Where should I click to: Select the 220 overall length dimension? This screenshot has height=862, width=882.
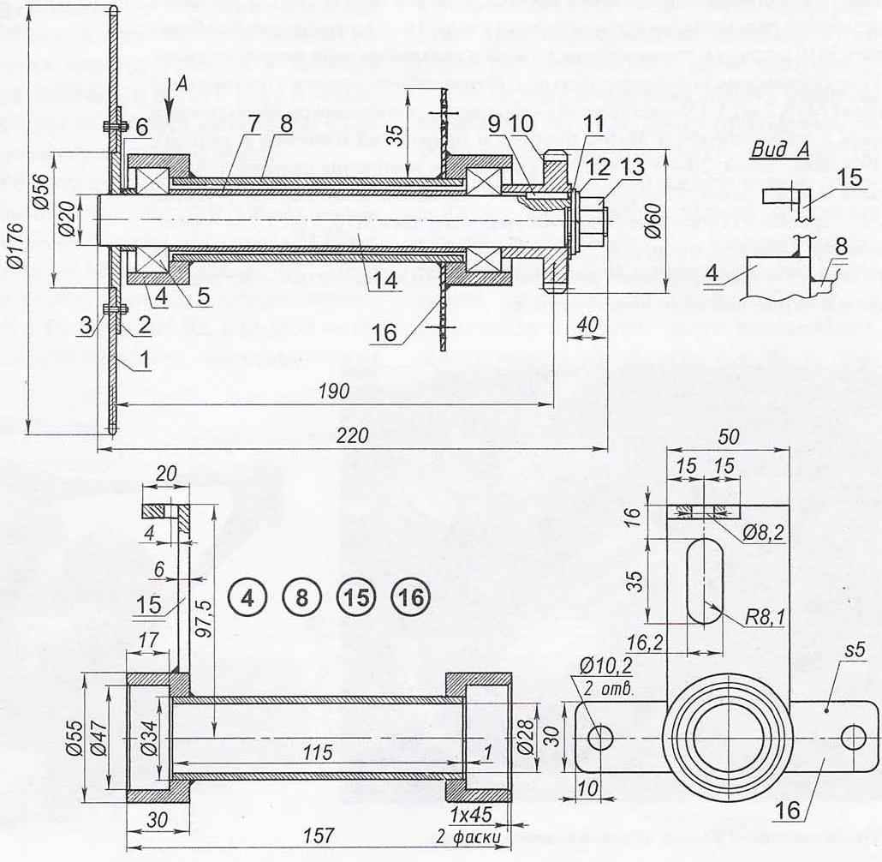pyautogui.click(x=352, y=435)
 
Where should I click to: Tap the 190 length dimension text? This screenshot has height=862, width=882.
pyautogui.click(x=334, y=391)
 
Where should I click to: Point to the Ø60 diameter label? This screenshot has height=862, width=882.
pyautogui.click(x=653, y=221)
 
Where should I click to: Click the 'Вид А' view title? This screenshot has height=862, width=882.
pyautogui.click(x=780, y=150)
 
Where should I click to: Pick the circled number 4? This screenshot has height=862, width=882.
pyautogui.click(x=247, y=598)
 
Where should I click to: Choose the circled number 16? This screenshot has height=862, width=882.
pyautogui.click(x=411, y=598)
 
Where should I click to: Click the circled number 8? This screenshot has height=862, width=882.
pyautogui.click(x=302, y=598)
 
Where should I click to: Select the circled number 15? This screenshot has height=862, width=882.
pyautogui.click(x=356, y=598)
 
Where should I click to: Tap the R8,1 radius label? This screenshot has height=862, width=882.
pyautogui.click(x=765, y=618)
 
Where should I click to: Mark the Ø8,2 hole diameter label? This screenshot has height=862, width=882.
pyautogui.click(x=763, y=532)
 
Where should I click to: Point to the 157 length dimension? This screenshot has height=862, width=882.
pyautogui.click(x=319, y=835)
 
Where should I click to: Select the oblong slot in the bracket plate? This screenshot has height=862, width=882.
pyautogui.click(x=704, y=580)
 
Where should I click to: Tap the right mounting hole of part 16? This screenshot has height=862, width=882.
pyautogui.click(x=854, y=737)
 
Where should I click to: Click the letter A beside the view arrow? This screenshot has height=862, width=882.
pyautogui.click(x=182, y=85)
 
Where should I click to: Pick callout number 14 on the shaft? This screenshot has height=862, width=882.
pyautogui.click(x=384, y=280)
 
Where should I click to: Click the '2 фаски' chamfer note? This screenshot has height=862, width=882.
pyautogui.click(x=468, y=837)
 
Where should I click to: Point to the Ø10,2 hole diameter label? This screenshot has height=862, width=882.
pyautogui.click(x=605, y=666)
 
